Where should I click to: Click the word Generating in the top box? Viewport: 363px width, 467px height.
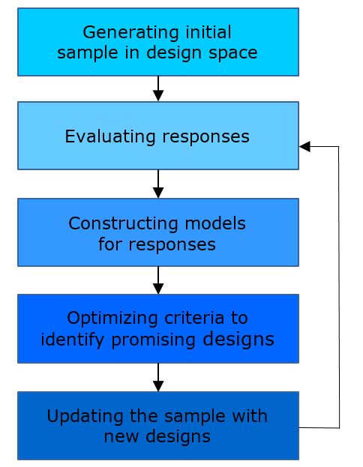click(x=130, y=33)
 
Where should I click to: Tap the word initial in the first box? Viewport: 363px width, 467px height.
click(x=208, y=32)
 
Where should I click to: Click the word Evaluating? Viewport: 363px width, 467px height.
click(x=110, y=137)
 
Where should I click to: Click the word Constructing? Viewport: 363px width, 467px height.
click(x=124, y=224)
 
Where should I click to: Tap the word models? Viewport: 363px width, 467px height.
click(x=215, y=223)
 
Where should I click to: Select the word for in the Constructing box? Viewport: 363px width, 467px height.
click(x=110, y=244)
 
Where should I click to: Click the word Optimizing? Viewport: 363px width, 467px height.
click(x=112, y=319)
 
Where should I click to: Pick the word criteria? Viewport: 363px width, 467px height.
click(x=194, y=318)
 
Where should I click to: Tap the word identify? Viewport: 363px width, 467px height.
click(x=73, y=340)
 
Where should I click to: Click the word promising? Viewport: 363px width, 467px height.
click(x=154, y=340)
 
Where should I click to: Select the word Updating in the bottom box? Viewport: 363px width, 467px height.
click(x=85, y=417)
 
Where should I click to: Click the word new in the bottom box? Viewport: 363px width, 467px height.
click(x=121, y=437)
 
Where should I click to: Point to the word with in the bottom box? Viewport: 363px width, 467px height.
click(x=249, y=415)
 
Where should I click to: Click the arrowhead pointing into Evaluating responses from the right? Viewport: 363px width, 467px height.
click(x=304, y=146)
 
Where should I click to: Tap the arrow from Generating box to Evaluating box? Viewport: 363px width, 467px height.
click(x=158, y=88)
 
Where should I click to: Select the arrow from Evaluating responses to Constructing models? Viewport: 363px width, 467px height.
click(x=158, y=184)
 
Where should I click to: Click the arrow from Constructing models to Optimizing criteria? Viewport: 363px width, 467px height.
click(x=158, y=280)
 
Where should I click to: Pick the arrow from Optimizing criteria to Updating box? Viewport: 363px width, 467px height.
click(x=158, y=377)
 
